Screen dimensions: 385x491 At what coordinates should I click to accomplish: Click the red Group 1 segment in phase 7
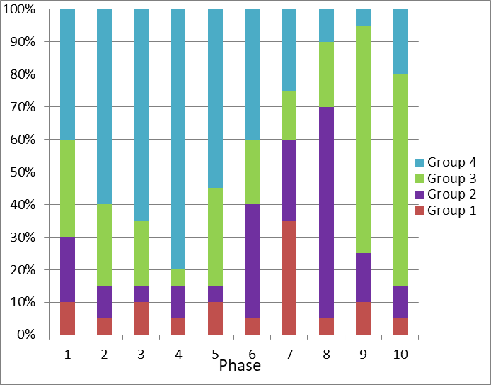point(289,277)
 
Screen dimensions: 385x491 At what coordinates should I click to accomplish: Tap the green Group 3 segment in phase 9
point(363,139)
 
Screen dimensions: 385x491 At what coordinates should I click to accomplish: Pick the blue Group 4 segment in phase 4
point(178,139)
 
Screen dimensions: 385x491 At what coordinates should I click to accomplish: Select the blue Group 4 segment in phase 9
point(363,17)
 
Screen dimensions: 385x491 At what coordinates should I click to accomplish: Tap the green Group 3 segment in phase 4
point(178,277)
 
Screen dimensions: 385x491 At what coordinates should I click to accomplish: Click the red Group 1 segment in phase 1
point(67,318)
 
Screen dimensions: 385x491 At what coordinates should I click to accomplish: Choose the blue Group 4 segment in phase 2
point(104,106)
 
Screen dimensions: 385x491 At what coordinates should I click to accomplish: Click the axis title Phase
point(240,366)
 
